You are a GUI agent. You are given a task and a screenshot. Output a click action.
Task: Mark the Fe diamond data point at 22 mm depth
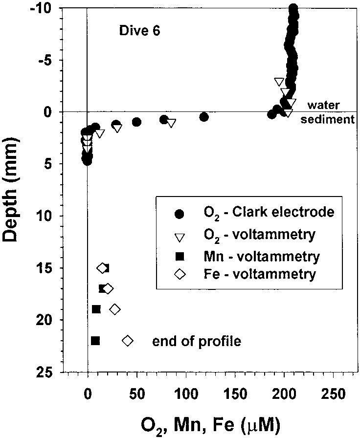128,341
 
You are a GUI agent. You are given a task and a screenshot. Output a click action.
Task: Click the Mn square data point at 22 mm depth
95,341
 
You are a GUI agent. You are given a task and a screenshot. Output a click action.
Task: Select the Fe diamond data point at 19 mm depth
115,309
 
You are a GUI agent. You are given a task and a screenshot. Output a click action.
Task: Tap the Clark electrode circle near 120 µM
204,117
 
